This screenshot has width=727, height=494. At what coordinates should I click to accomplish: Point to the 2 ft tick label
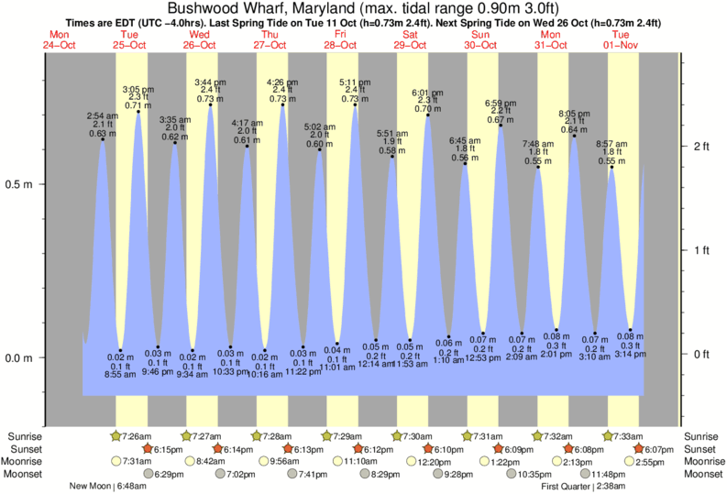coord(702,147)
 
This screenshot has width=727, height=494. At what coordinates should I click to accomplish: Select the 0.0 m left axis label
coord(21,357)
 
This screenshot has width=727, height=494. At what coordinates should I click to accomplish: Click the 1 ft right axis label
coord(702,250)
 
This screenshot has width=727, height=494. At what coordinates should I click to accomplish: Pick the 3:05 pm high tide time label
coord(138,89)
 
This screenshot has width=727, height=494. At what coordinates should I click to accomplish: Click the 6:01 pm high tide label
coord(427,93)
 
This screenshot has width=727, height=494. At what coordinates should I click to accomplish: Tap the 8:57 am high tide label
coord(611,145)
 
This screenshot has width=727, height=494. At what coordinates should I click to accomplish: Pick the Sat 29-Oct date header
coord(410,39)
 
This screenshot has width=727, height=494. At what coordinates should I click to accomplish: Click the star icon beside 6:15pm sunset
coord(146,448)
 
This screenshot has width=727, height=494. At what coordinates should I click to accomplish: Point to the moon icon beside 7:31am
coord(116,461)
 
